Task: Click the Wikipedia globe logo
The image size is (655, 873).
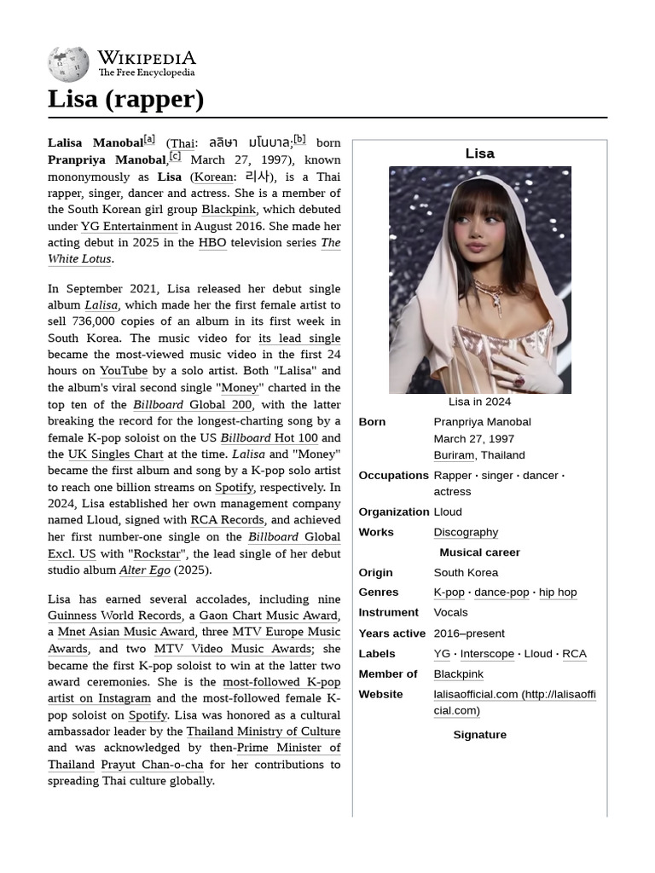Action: [x=68, y=64]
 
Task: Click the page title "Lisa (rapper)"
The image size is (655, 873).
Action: [x=125, y=99]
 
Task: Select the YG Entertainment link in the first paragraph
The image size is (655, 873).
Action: [x=129, y=226]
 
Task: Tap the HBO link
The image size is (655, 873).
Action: [x=212, y=243]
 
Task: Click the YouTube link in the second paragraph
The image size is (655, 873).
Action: [x=124, y=371]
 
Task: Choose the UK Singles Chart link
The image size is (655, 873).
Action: [x=115, y=454]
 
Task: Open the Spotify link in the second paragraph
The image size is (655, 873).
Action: [x=234, y=488]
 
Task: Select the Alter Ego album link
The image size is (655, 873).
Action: [x=144, y=570]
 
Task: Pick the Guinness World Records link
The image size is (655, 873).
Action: [x=114, y=616]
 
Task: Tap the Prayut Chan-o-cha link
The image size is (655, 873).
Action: [x=152, y=765]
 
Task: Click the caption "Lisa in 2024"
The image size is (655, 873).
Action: [x=479, y=402]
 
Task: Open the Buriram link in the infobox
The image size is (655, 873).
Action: [x=454, y=455]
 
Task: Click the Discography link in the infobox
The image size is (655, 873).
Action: [x=466, y=532]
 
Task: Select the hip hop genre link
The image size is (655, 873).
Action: [x=558, y=593]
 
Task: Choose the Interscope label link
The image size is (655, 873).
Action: [x=487, y=654]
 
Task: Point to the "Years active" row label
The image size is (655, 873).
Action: [x=391, y=633]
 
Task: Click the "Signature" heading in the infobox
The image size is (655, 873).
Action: [x=479, y=735]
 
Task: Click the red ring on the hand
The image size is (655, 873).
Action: [x=518, y=379]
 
